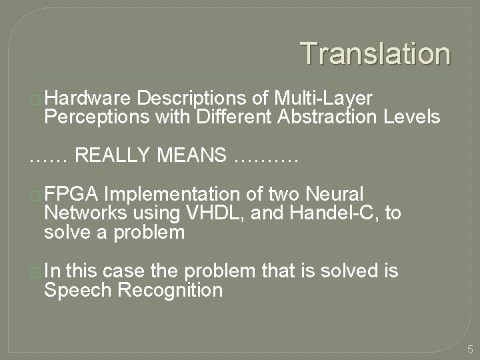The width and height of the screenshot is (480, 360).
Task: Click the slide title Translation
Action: click(x=375, y=53)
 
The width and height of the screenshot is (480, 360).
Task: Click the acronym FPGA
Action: click(x=71, y=195)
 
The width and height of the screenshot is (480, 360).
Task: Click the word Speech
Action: click(x=80, y=290)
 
